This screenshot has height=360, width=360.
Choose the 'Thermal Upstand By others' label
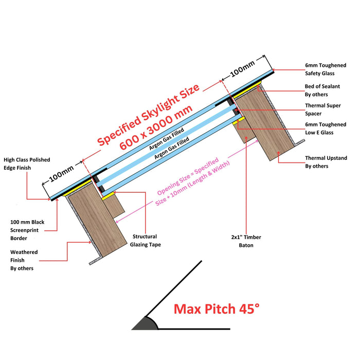point(326,162)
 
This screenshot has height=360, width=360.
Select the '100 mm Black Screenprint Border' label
point(27,230)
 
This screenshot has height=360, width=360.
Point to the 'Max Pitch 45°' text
point(216,309)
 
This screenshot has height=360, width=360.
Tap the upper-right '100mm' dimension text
point(242,69)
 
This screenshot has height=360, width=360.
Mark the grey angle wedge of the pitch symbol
point(145,324)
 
